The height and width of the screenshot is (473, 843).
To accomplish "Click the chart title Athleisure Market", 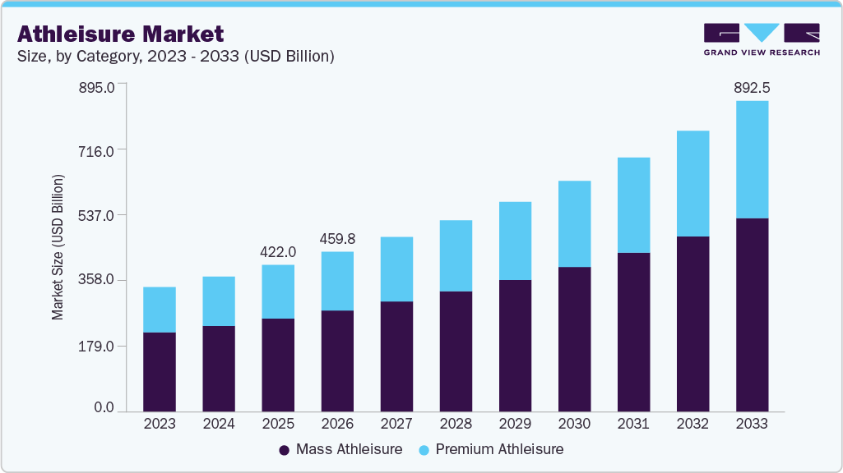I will point(120,34).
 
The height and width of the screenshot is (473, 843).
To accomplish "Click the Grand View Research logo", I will point(762,39).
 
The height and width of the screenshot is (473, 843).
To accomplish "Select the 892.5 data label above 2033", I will point(752,88).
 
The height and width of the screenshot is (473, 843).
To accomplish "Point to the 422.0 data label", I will point(278,252).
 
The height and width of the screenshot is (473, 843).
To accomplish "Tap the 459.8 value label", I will point(337,239).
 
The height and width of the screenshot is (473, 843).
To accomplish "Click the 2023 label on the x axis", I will point(160,425).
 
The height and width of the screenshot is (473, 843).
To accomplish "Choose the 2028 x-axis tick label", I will point(456,425).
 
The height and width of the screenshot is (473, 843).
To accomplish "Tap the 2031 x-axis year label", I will point(633,425).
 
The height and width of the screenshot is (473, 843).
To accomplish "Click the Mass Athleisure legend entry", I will point(340,449).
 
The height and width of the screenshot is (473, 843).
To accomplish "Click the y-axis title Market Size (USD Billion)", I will point(58,246).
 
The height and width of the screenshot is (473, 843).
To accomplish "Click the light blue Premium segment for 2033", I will point(752,159).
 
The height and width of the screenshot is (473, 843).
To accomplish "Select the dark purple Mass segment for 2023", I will point(160,371).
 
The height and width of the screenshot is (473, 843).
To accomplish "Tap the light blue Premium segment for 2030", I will point(574,223).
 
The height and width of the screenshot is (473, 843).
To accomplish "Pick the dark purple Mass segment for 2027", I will point(396,356).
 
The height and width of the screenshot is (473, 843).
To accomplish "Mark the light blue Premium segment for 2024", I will point(219,301).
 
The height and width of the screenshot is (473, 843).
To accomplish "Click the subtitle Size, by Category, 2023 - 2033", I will point(175,57).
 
